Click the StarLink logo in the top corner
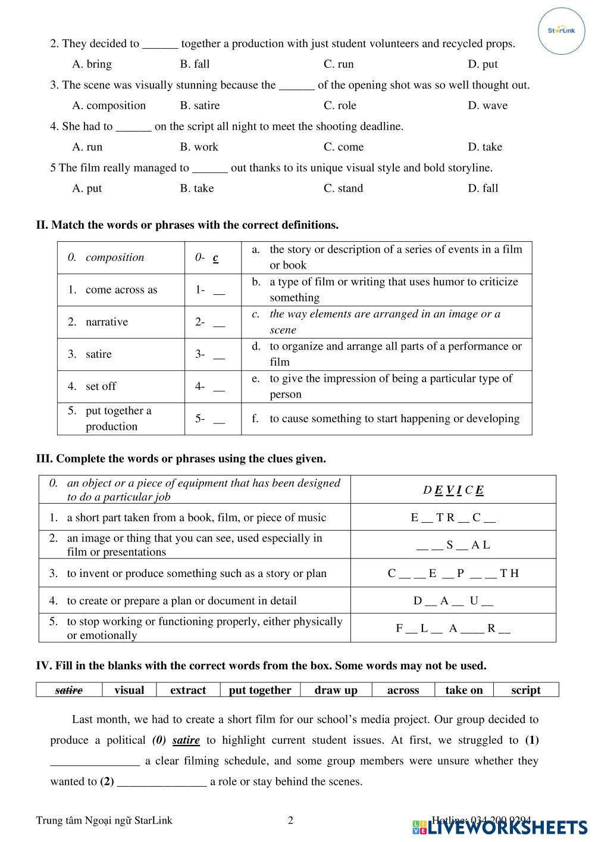point(561,31)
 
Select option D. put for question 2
point(483,64)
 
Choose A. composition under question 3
point(109,105)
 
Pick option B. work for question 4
point(199,147)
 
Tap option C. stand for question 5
point(343,188)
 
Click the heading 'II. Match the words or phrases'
point(187,225)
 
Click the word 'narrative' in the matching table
point(107,322)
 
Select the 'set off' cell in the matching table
point(101,386)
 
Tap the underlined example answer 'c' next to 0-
point(215,258)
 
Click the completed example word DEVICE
point(453,490)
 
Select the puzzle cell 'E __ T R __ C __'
point(453,517)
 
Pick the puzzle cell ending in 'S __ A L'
point(453,545)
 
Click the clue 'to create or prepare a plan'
point(181,601)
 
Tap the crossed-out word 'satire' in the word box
point(69,690)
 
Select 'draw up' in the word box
point(336,690)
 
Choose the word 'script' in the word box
point(526,690)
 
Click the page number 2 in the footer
point(290,821)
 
